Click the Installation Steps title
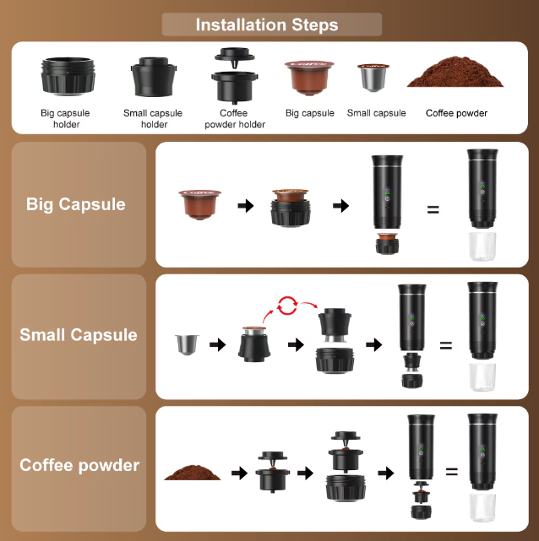[267, 24]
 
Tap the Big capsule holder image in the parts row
[68, 76]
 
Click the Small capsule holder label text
[153, 118]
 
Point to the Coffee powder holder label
[235, 118]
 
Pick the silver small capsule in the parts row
[373, 78]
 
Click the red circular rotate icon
[287, 306]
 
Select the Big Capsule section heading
[76, 204]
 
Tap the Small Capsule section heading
[79, 335]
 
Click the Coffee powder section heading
[79, 465]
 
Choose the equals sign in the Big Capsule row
[433, 209]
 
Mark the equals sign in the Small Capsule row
[446, 344]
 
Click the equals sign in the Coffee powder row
[452, 471]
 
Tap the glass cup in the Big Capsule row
[482, 246]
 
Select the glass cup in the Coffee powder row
[482, 507]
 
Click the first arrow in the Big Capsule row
[246, 206]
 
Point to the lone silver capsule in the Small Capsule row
[188, 344]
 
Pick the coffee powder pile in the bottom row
[193, 473]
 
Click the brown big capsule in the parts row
[309, 78]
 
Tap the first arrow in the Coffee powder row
[240, 473]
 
